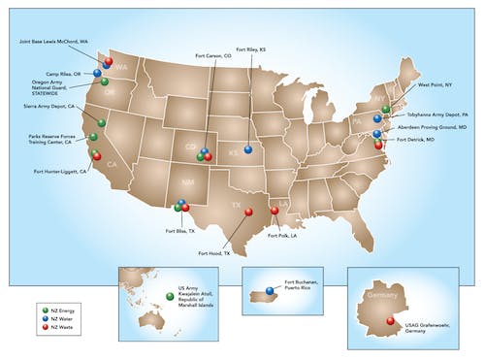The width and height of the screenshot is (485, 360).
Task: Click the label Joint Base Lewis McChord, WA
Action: (x=56, y=43)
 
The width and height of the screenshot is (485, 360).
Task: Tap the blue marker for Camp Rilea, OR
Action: (x=97, y=73)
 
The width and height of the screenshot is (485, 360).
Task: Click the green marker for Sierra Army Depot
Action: (x=101, y=122)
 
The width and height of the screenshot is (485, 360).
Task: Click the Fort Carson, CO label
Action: (x=213, y=56)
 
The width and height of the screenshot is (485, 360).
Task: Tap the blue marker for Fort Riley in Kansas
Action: (x=248, y=149)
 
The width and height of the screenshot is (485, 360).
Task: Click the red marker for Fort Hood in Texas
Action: (x=248, y=213)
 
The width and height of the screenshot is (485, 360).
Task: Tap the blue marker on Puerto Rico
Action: (x=269, y=290)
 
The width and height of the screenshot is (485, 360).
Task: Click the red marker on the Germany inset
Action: (x=390, y=321)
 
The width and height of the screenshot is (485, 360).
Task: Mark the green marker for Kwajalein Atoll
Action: (x=168, y=292)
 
